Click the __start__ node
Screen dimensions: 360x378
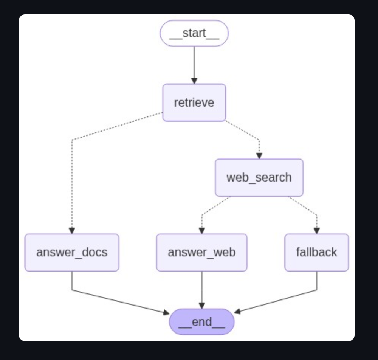click(x=194, y=33)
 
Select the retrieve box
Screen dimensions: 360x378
click(x=194, y=102)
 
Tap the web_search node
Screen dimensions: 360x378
click(x=259, y=177)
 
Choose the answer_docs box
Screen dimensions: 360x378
click(x=72, y=252)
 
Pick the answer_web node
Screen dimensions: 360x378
click(x=201, y=252)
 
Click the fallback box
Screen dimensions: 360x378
click(x=316, y=252)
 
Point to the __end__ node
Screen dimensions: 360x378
click(x=201, y=322)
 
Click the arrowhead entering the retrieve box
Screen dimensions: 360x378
click(x=194, y=81)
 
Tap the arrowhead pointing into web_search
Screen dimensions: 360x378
click(x=259, y=156)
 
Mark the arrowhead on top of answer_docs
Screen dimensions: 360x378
click(x=72, y=231)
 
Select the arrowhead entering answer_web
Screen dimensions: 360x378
click(x=201, y=231)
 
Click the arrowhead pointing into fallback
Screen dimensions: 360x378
click(x=316, y=231)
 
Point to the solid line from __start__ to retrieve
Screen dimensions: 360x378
click(x=194, y=62)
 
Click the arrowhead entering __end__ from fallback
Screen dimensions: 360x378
click(x=237, y=312)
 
